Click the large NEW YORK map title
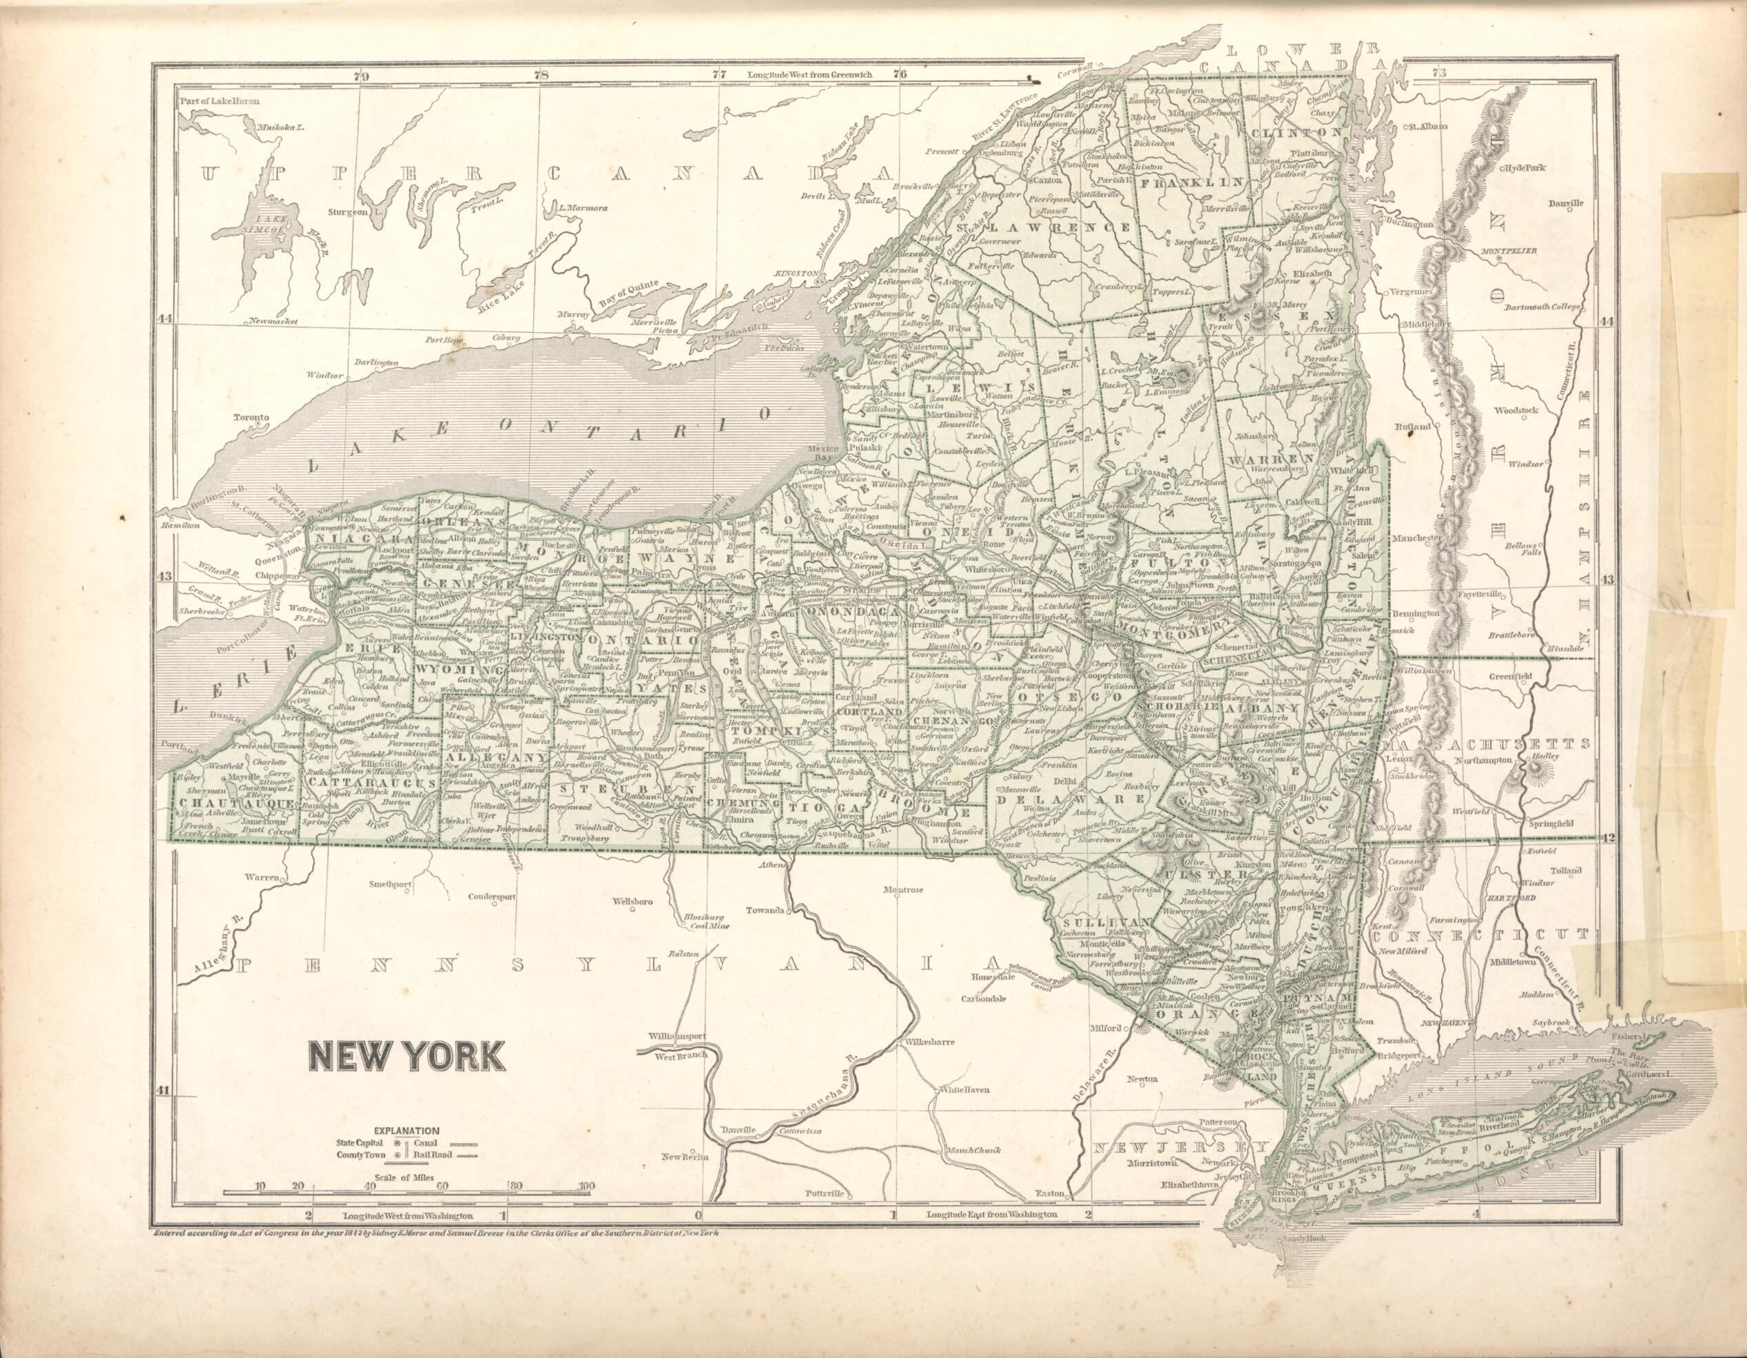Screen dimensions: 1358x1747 (407, 1056)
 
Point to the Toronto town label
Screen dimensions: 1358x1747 (251, 418)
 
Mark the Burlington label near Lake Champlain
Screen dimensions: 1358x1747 (1409, 225)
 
